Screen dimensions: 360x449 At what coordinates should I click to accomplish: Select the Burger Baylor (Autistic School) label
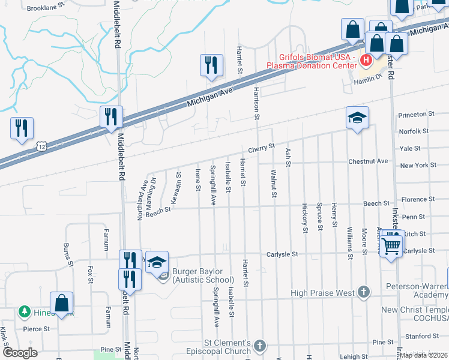[x=202, y=275]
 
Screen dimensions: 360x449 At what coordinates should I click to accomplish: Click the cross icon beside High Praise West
[x=363, y=292]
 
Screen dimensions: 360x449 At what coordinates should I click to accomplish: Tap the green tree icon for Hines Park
[x=25, y=311]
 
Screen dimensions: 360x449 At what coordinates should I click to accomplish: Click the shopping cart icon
[x=391, y=245]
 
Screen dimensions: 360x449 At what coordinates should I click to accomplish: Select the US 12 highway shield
[x=41, y=146]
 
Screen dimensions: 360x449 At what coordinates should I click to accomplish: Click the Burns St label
[x=67, y=254]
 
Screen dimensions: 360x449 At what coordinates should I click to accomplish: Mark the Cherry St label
[x=262, y=147]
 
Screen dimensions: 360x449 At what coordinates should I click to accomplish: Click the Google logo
[x=20, y=352]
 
